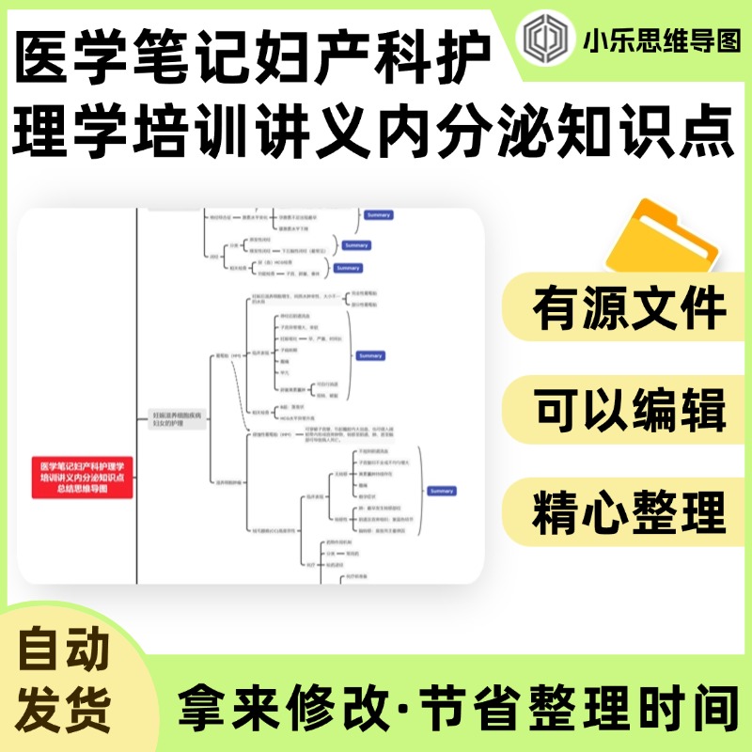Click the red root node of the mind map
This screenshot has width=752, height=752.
click(83, 477)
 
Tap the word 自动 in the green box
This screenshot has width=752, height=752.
click(64, 650)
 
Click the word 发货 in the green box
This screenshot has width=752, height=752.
click(64, 703)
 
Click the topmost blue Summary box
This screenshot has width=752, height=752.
click(379, 215)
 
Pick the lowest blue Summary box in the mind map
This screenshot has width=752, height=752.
click(441, 492)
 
